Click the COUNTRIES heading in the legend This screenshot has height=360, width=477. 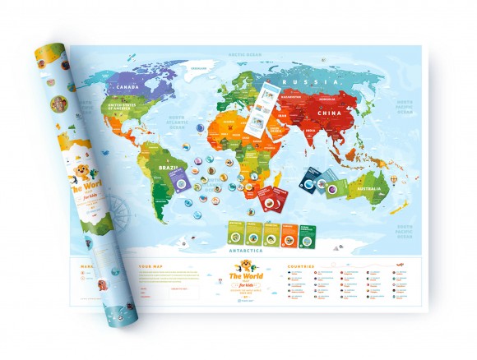pyautogui.click(x=301, y=267)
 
